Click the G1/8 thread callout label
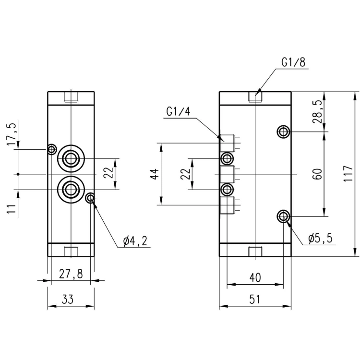[293, 62]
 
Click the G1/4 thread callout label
[179, 112]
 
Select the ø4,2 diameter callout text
[135, 241]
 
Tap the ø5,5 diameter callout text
[321, 239]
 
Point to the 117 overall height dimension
[348, 173]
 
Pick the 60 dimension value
[318, 174]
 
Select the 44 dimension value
[155, 174]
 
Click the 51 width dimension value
[255, 300]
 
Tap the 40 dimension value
[255, 277]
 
